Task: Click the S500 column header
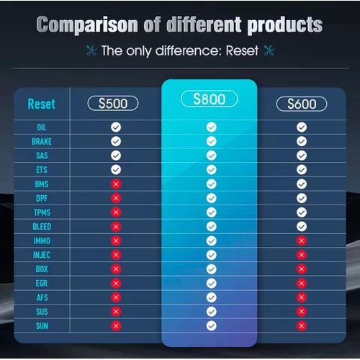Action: click(113, 104)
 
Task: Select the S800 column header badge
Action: click(209, 99)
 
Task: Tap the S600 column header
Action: click(302, 104)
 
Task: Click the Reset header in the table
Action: click(42, 104)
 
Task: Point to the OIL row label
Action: click(42, 127)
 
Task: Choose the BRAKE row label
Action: click(42, 141)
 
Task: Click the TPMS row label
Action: click(42, 212)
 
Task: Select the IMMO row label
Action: click(42, 240)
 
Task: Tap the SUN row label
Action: click(42, 326)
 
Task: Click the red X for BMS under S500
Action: click(116, 184)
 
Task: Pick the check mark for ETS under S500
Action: click(116, 170)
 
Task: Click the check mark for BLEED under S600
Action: click(302, 226)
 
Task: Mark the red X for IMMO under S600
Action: click(302, 240)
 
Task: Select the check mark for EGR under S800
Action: click(212, 283)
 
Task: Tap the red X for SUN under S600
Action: click(302, 326)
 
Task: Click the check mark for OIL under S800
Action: click(212, 127)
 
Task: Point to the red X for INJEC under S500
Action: click(116, 255)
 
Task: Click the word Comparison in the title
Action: click(87, 24)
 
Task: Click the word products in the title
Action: click(285, 24)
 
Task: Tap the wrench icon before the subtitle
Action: click(91, 51)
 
